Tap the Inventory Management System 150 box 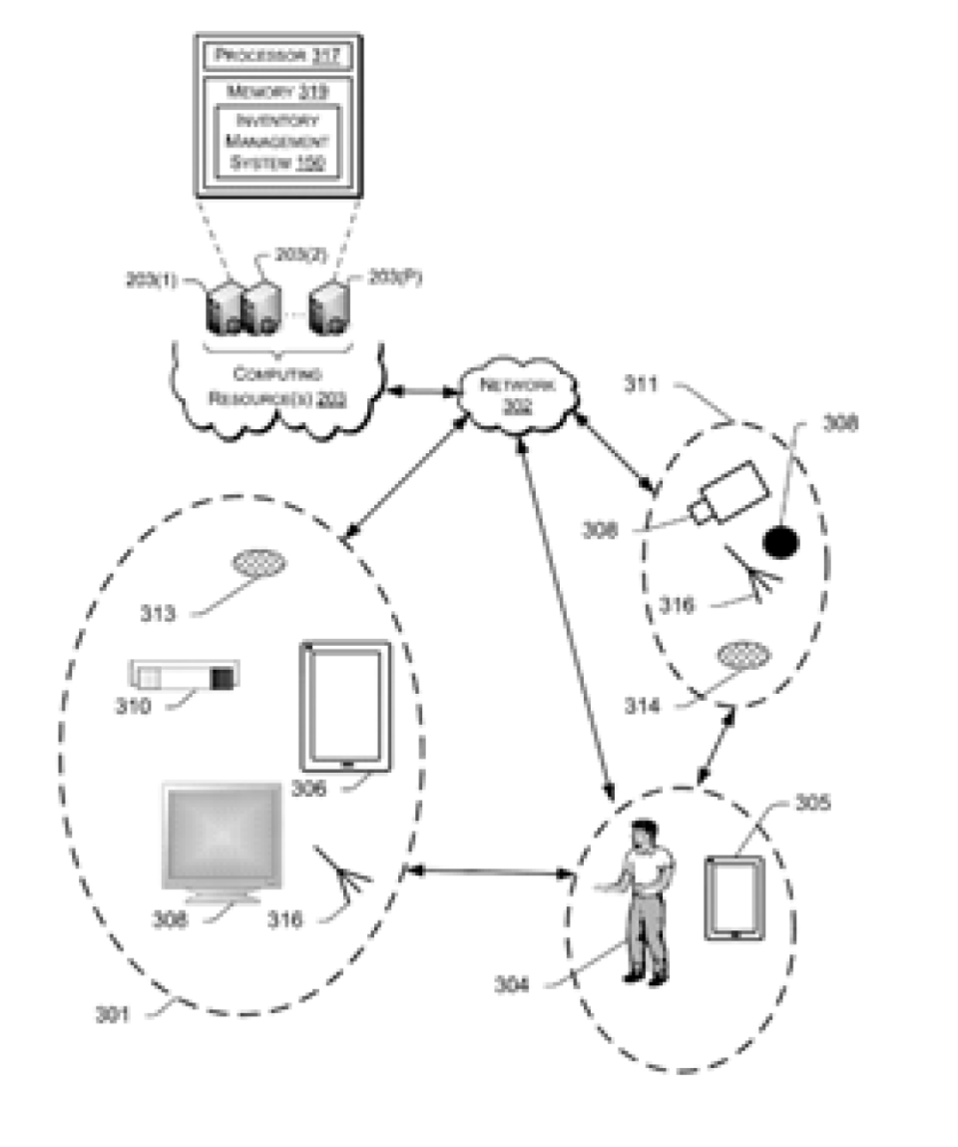click(x=276, y=141)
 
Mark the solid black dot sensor click(x=780, y=541)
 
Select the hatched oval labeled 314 click(x=744, y=657)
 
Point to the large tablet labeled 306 click(x=345, y=706)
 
